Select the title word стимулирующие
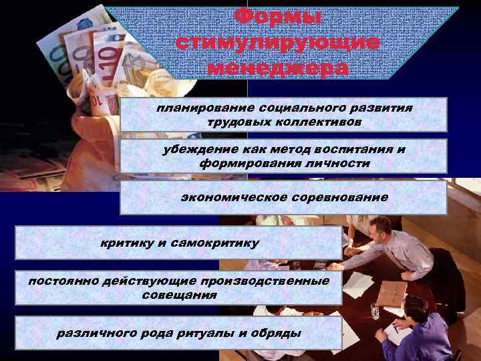click(x=278, y=42)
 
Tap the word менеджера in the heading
click(x=278, y=68)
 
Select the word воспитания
click(x=352, y=149)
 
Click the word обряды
click(x=277, y=333)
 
